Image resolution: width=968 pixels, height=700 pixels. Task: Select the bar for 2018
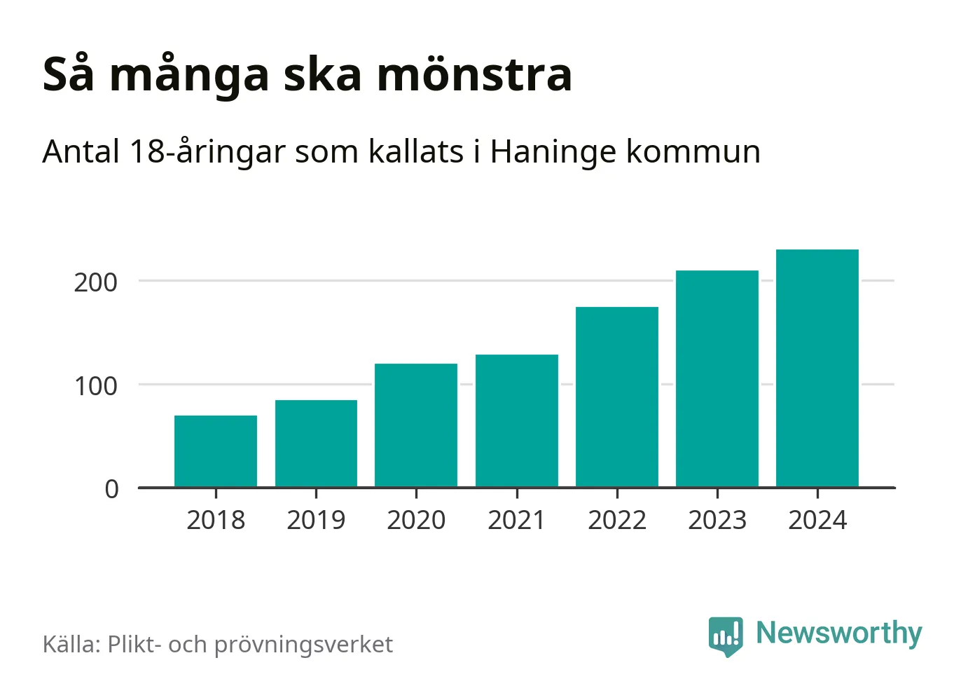[x=216, y=451]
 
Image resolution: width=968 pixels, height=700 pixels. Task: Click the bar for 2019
[x=316, y=444]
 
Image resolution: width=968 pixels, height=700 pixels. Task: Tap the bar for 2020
[x=416, y=425]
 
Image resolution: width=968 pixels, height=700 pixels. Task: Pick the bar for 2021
[x=517, y=420]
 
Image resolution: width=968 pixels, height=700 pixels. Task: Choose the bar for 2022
[x=617, y=397]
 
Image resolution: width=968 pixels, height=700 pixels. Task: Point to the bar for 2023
[x=717, y=378]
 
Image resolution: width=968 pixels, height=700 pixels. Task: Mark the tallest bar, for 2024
[x=817, y=368]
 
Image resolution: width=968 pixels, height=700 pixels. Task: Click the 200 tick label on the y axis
[x=96, y=282]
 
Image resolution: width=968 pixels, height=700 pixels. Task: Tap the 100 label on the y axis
[x=96, y=386]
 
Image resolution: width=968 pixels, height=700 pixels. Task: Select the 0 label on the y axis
[x=111, y=489]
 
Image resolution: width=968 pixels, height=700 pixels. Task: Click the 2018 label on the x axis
[x=216, y=521]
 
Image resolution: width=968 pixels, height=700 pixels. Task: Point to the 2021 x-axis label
[x=517, y=521]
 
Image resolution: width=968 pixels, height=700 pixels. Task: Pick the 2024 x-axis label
[x=817, y=521]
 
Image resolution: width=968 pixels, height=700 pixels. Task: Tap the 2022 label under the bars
[x=617, y=521]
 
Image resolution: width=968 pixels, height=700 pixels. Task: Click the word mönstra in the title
[x=475, y=74]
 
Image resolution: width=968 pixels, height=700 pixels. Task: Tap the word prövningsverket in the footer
[x=303, y=645]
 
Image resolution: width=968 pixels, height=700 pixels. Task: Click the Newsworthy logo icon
[x=726, y=636]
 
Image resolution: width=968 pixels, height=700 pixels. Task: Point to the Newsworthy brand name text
[x=838, y=633]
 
